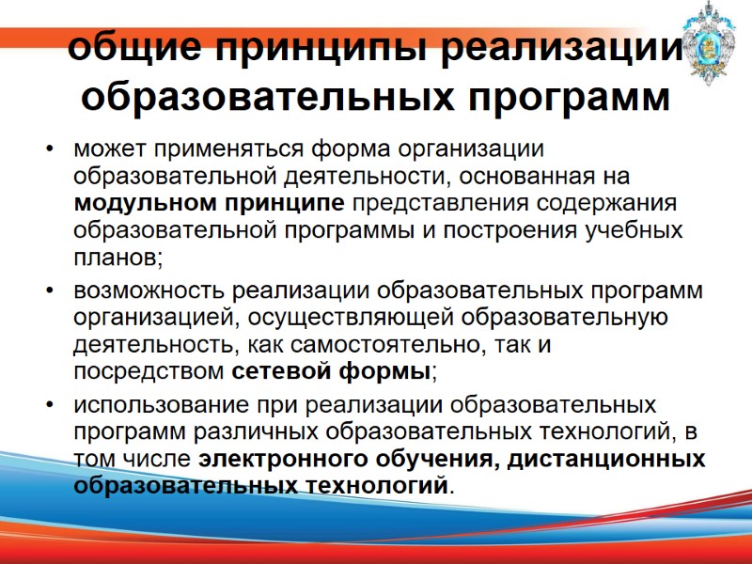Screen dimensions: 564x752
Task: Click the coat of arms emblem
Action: tap(713, 42)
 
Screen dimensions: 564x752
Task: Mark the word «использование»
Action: tap(153, 406)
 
